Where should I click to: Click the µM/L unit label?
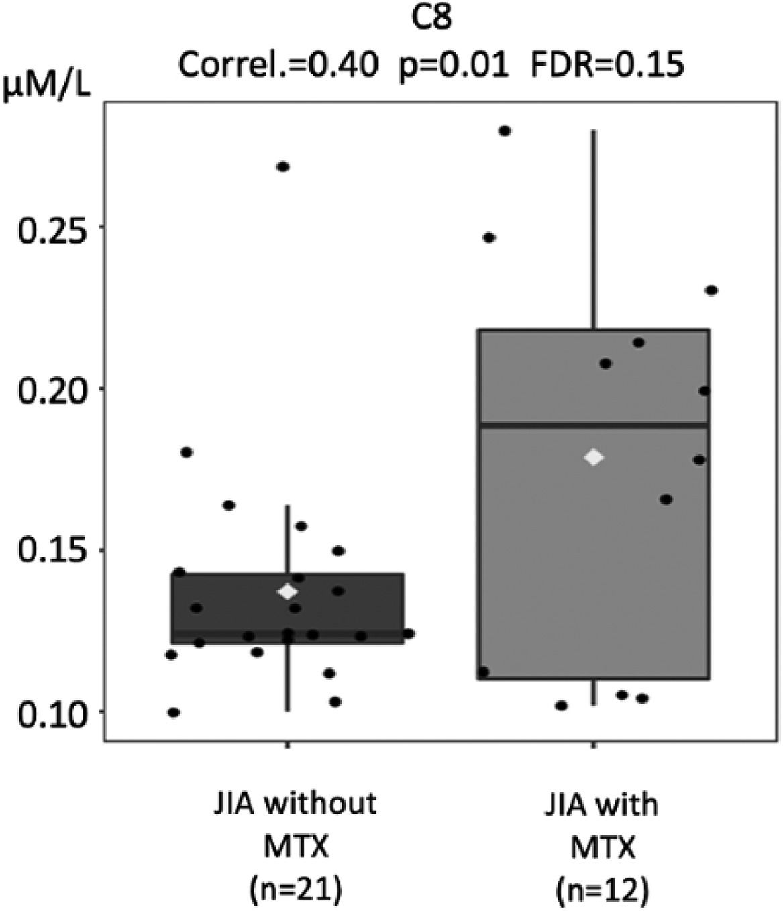click(47, 88)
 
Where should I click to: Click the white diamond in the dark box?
click(288, 592)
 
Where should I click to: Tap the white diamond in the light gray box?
click(594, 458)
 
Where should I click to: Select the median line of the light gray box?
click(594, 425)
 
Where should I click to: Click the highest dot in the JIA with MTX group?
click(505, 131)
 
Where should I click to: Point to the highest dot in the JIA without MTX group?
click(283, 166)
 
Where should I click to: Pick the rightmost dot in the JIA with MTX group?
click(711, 290)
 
